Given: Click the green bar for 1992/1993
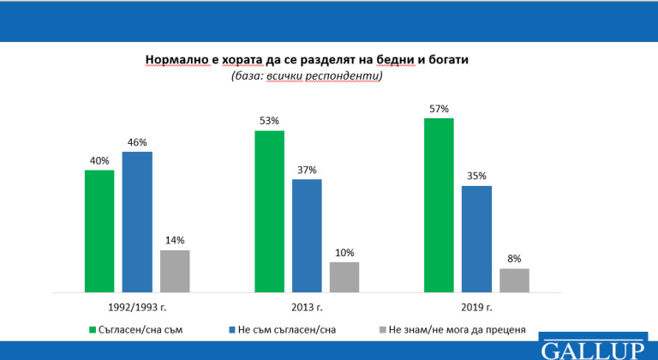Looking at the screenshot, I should tap(99, 231).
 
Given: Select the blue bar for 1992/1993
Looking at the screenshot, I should tap(137, 222).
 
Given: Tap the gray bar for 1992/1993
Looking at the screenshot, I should tap(174, 271).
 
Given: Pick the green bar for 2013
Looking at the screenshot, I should tap(269, 212).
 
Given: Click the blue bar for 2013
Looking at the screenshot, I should tap(307, 236).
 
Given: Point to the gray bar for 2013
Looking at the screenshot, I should tap(344, 277).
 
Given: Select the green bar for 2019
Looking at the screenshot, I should tap(440, 206).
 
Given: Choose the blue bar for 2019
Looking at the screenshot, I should tap(477, 239).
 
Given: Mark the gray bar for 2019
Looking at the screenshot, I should tap(514, 280).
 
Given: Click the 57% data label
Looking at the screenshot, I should tap(440, 110).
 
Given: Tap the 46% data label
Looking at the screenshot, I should tap(137, 142).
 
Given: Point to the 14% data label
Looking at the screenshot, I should tap(174, 241).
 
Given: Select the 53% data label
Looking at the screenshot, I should tap(269, 122).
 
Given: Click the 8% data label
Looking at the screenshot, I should tap(514, 259).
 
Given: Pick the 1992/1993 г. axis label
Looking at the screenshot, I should tap(137, 306).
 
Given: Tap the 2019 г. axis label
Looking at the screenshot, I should tap(477, 306).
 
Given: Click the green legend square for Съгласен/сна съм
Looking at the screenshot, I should tap(93, 328).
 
